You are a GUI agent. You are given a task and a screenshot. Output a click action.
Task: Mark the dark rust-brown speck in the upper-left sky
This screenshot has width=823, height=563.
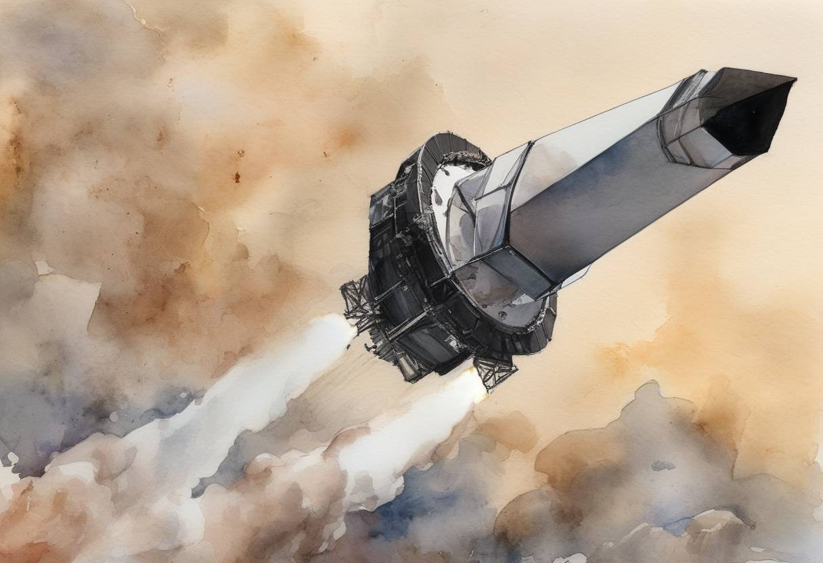pyautogui.click(x=236, y=177)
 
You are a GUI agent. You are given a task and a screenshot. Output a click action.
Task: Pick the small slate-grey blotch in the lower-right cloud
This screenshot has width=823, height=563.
pyautogui.click(x=662, y=466)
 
